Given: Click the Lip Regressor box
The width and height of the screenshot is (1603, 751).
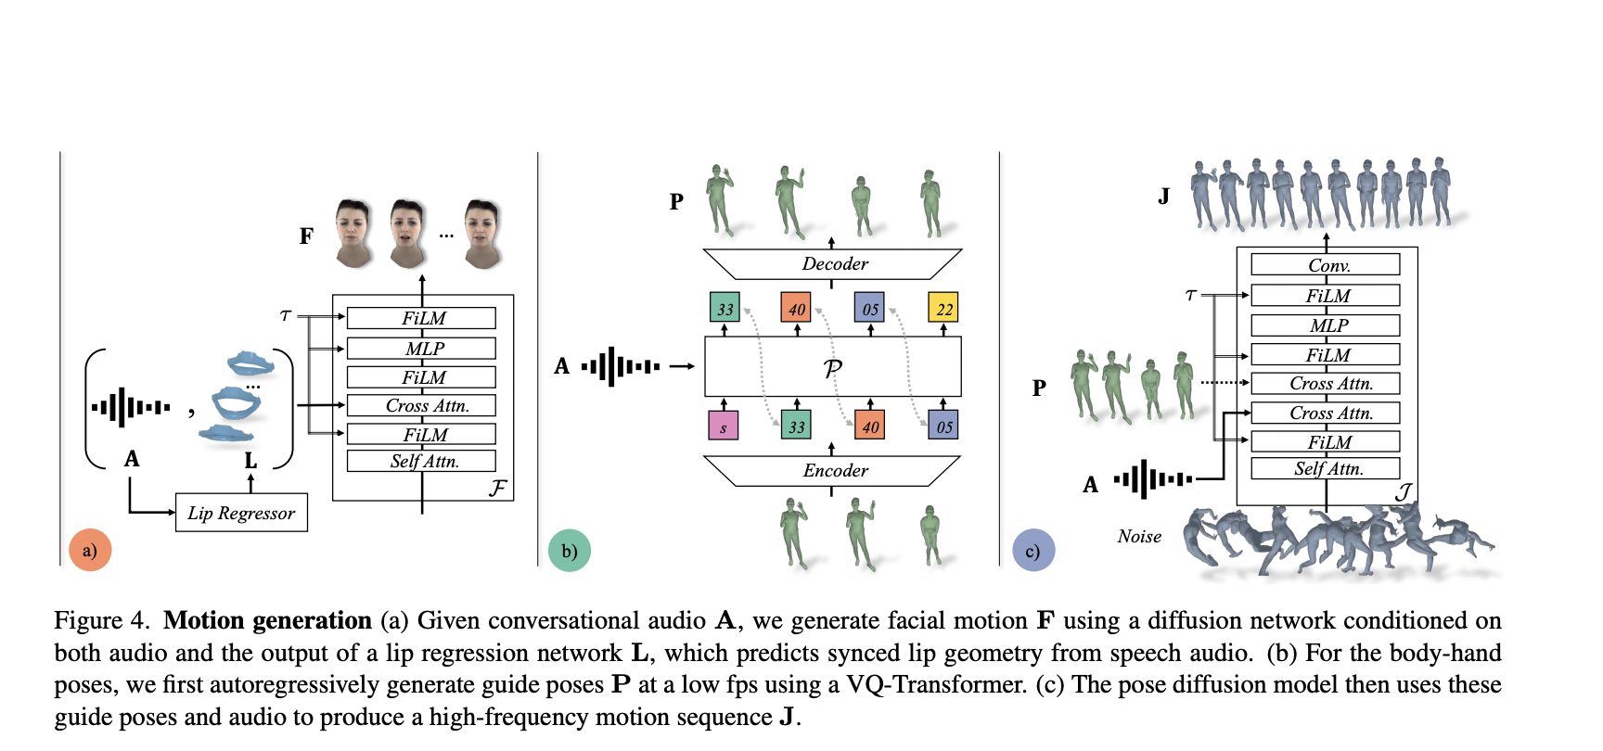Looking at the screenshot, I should coord(241,513).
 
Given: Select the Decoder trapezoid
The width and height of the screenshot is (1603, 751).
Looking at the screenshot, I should coord(832,264).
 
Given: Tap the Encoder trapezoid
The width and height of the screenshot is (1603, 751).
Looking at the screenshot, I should coord(832,471).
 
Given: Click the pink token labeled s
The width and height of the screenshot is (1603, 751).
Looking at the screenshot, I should coord(723,426).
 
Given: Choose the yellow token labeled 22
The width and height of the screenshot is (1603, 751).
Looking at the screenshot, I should coord(943,308).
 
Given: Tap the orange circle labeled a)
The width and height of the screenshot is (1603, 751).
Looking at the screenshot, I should coord(90,550).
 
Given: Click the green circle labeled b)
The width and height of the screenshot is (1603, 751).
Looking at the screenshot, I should coord(570,551).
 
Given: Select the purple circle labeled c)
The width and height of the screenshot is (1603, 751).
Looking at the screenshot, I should coord(1032,551).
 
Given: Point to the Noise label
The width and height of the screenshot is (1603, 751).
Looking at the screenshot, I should coord(1139,537).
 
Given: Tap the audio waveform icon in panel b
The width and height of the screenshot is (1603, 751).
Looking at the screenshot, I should coord(621,366).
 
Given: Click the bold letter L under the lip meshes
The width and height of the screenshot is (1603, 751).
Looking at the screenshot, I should coord(250,460).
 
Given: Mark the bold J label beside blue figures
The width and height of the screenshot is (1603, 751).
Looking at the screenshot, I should coord(1163,197).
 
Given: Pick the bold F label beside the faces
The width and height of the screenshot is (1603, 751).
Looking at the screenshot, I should coord(306,236).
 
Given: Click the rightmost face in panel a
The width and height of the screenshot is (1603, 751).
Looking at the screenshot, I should coord(482,233).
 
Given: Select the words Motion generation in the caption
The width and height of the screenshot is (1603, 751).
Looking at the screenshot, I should coord(267,620).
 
